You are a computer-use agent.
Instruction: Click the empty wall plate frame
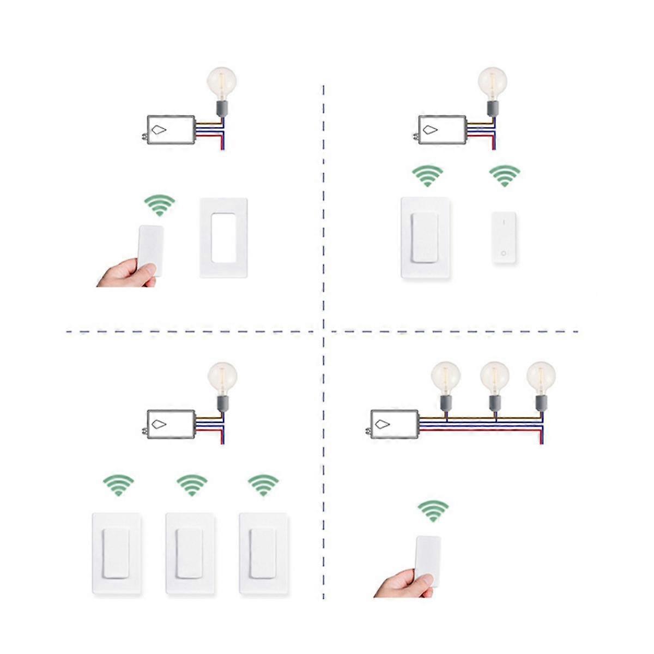click(223, 238)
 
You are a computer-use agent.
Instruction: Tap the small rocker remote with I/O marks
click(504, 238)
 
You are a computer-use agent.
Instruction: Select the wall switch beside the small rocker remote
click(425, 238)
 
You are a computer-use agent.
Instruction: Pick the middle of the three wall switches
click(190, 553)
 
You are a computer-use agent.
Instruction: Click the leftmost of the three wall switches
click(117, 553)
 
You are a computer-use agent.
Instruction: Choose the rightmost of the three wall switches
click(263, 553)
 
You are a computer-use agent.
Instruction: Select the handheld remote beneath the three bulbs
click(428, 561)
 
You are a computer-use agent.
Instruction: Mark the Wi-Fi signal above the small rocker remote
click(505, 175)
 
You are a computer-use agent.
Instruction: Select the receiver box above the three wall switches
click(171, 424)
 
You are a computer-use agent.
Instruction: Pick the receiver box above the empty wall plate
click(171, 130)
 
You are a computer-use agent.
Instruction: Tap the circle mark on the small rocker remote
click(504, 253)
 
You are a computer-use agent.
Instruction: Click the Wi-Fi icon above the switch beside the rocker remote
click(427, 175)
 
